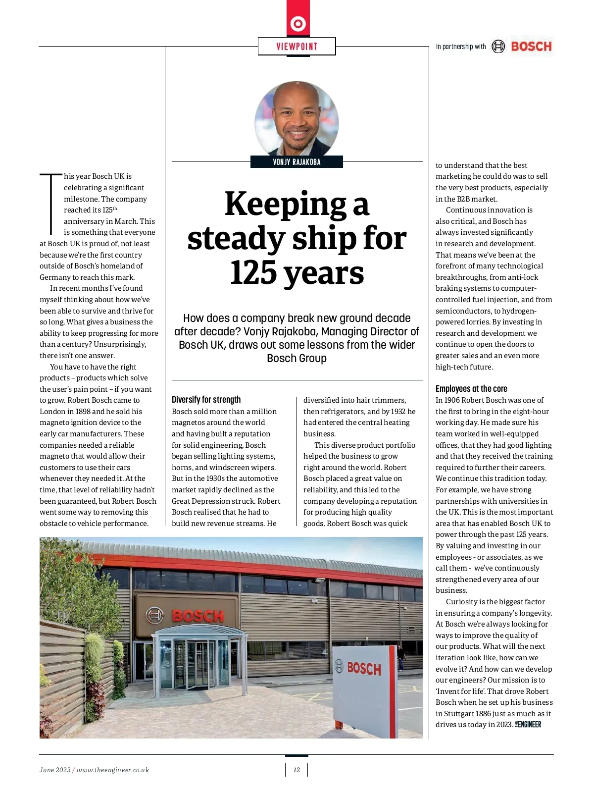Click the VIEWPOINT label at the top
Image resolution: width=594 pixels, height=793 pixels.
point(297,47)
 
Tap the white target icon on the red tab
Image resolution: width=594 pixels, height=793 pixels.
point(298,23)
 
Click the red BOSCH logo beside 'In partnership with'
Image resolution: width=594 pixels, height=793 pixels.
point(531,47)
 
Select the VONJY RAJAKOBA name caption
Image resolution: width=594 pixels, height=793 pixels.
point(297,162)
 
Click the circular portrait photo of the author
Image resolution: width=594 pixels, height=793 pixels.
point(297,119)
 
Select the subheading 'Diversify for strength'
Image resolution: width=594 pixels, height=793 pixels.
point(206,400)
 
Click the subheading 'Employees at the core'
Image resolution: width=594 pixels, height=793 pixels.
point(471,389)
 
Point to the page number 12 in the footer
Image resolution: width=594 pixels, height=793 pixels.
point(297,770)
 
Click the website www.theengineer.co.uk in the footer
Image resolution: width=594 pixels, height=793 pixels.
point(113,770)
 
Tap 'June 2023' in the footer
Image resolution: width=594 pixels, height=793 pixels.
point(55,770)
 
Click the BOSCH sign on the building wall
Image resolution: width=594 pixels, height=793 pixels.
point(198,616)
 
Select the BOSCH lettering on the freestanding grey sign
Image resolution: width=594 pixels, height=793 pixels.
point(364,669)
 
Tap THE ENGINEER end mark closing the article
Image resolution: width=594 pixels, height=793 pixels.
point(528,725)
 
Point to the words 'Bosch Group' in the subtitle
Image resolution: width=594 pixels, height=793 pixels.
point(297,358)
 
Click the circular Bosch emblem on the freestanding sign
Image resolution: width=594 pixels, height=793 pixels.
point(339,666)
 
